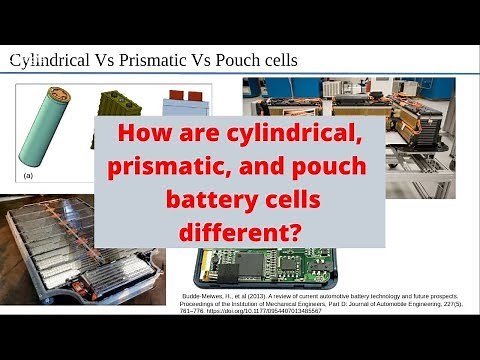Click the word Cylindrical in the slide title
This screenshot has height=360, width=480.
(51, 61)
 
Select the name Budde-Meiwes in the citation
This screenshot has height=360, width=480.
(204, 297)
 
